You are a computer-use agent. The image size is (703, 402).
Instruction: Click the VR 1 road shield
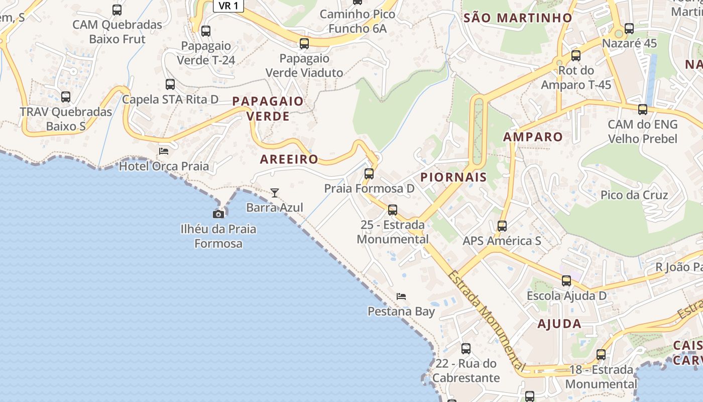pos(228,6)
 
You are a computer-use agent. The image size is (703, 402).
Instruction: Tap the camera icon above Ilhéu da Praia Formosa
pos(218,214)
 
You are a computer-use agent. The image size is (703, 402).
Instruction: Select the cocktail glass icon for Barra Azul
pos(274,192)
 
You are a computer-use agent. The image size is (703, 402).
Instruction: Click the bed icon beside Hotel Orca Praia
pos(164,151)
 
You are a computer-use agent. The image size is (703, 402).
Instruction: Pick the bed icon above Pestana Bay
pos(401,296)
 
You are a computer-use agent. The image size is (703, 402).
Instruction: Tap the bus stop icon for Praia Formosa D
pos(369,174)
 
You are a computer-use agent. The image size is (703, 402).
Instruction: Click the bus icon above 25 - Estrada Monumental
pos(393,210)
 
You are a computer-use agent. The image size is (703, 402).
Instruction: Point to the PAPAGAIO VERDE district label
pos(268,109)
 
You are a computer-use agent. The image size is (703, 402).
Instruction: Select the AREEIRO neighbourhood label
pos(289,159)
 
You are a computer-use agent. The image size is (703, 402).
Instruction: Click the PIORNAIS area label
pos(453,177)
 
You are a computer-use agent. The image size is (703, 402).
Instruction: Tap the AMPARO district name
pos(533,137)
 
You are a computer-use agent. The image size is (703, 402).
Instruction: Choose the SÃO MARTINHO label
pos(518,18)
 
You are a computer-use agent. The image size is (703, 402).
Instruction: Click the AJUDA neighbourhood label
pos(559,324)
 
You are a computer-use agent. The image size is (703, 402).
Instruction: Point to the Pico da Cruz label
pos(634,195)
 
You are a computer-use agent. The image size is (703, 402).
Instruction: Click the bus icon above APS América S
pos(502,226)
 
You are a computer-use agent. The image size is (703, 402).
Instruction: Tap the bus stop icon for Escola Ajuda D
pos(566,281)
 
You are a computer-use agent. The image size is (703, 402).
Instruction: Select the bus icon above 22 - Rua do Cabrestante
pos(466,348)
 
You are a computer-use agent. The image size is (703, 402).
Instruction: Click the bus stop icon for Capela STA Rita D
pos(170,84)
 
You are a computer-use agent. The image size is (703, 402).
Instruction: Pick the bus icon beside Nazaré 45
pos(629,29)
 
